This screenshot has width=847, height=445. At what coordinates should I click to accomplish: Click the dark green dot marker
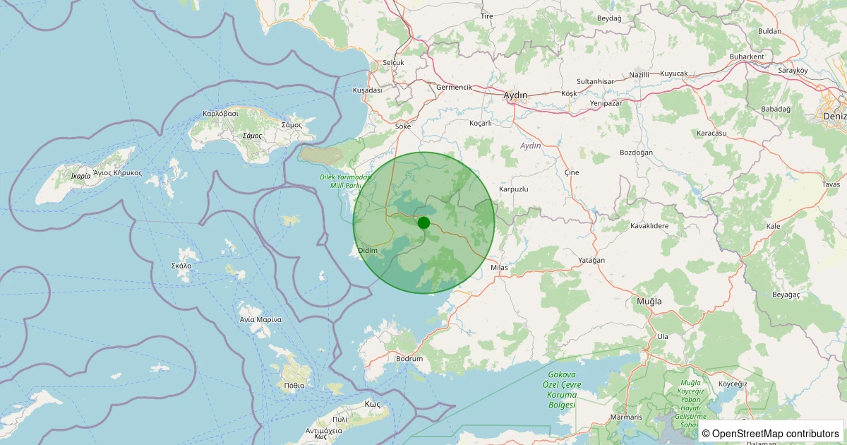[x=423, y=222]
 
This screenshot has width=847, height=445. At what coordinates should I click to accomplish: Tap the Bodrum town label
[x=409, y=359]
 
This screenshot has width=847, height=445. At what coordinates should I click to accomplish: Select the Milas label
[x=499, y=268]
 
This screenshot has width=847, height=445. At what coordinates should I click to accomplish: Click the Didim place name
[x=368, y=251]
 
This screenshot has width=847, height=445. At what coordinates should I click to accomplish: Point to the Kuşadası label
[x=367, y=90]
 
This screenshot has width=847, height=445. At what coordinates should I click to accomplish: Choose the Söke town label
[x=403, y=126]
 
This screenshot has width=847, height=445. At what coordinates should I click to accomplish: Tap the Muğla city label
[x=649, y=301]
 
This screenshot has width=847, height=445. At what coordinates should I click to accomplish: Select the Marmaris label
[x=627, y=417]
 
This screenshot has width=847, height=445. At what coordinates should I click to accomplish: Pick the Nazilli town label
[x=639, y=74]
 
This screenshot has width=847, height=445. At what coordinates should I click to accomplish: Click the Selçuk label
[x=393, y=63]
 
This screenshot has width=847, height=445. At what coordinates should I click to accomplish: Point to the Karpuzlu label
[x=514, y=189]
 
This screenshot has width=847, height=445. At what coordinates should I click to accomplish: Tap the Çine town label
[x=572, y=173]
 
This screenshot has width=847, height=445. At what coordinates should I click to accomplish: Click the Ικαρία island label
[x=81, y=176]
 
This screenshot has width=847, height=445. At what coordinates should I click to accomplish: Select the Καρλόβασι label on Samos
[x=221, y=113]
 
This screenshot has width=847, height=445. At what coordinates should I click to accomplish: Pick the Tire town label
[x=486, y=16]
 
